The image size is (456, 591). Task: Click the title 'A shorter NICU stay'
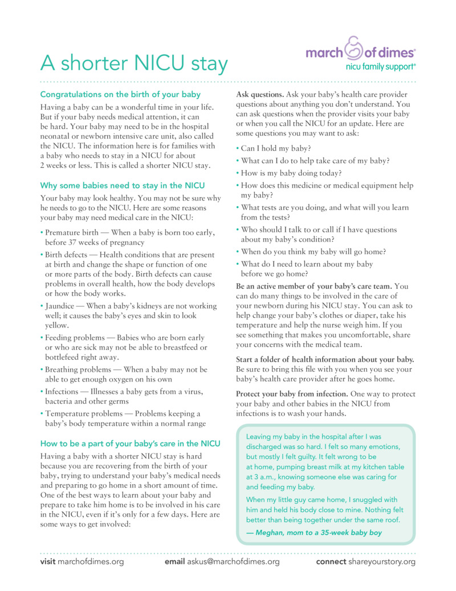[134, 63]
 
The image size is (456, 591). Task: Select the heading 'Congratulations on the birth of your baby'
[120, 94]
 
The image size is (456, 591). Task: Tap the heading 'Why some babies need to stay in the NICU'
[123, 186]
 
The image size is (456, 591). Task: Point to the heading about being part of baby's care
[130, 443]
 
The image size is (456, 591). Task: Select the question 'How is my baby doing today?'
[291, 174]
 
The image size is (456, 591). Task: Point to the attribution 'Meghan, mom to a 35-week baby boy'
[314, 532]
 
